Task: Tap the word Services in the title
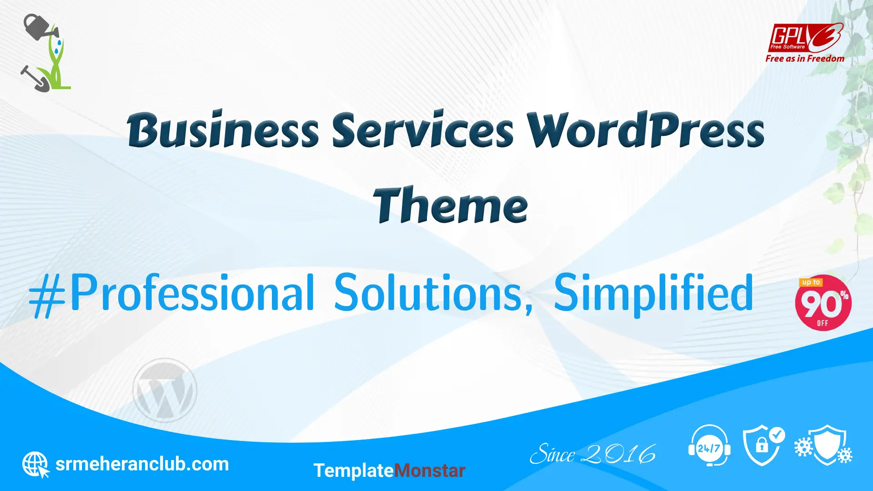tap(423, 130)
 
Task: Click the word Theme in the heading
tap(450, 205)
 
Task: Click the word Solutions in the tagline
tap(433, 293)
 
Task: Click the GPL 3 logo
tap(805, 38)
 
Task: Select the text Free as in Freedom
tap(805, 59)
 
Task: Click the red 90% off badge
tap(823, 303)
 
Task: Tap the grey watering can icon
tap(40, 27)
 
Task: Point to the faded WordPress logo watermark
tap(165, 390)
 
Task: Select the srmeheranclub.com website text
tap(142, 464)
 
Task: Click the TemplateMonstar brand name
tap(389, 471)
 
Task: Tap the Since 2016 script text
tap(593, 454)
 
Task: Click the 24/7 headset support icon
tap(709, 446)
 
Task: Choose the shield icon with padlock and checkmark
tap(764, 446)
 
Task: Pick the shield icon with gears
tap(823, 445)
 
